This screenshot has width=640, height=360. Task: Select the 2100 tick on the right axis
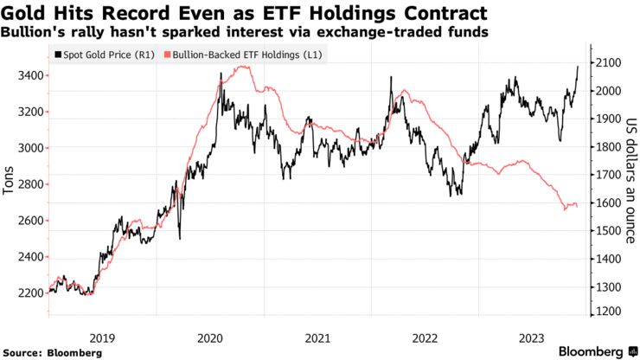pyautogui.click(x=606, y=63)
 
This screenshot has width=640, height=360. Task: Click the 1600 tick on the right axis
pyautogui.click(x=606, y=203)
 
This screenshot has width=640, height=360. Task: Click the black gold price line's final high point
pyautogui.click(x=578, y=65)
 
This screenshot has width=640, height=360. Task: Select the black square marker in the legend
pyautogui.click(x=58, y=54)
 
